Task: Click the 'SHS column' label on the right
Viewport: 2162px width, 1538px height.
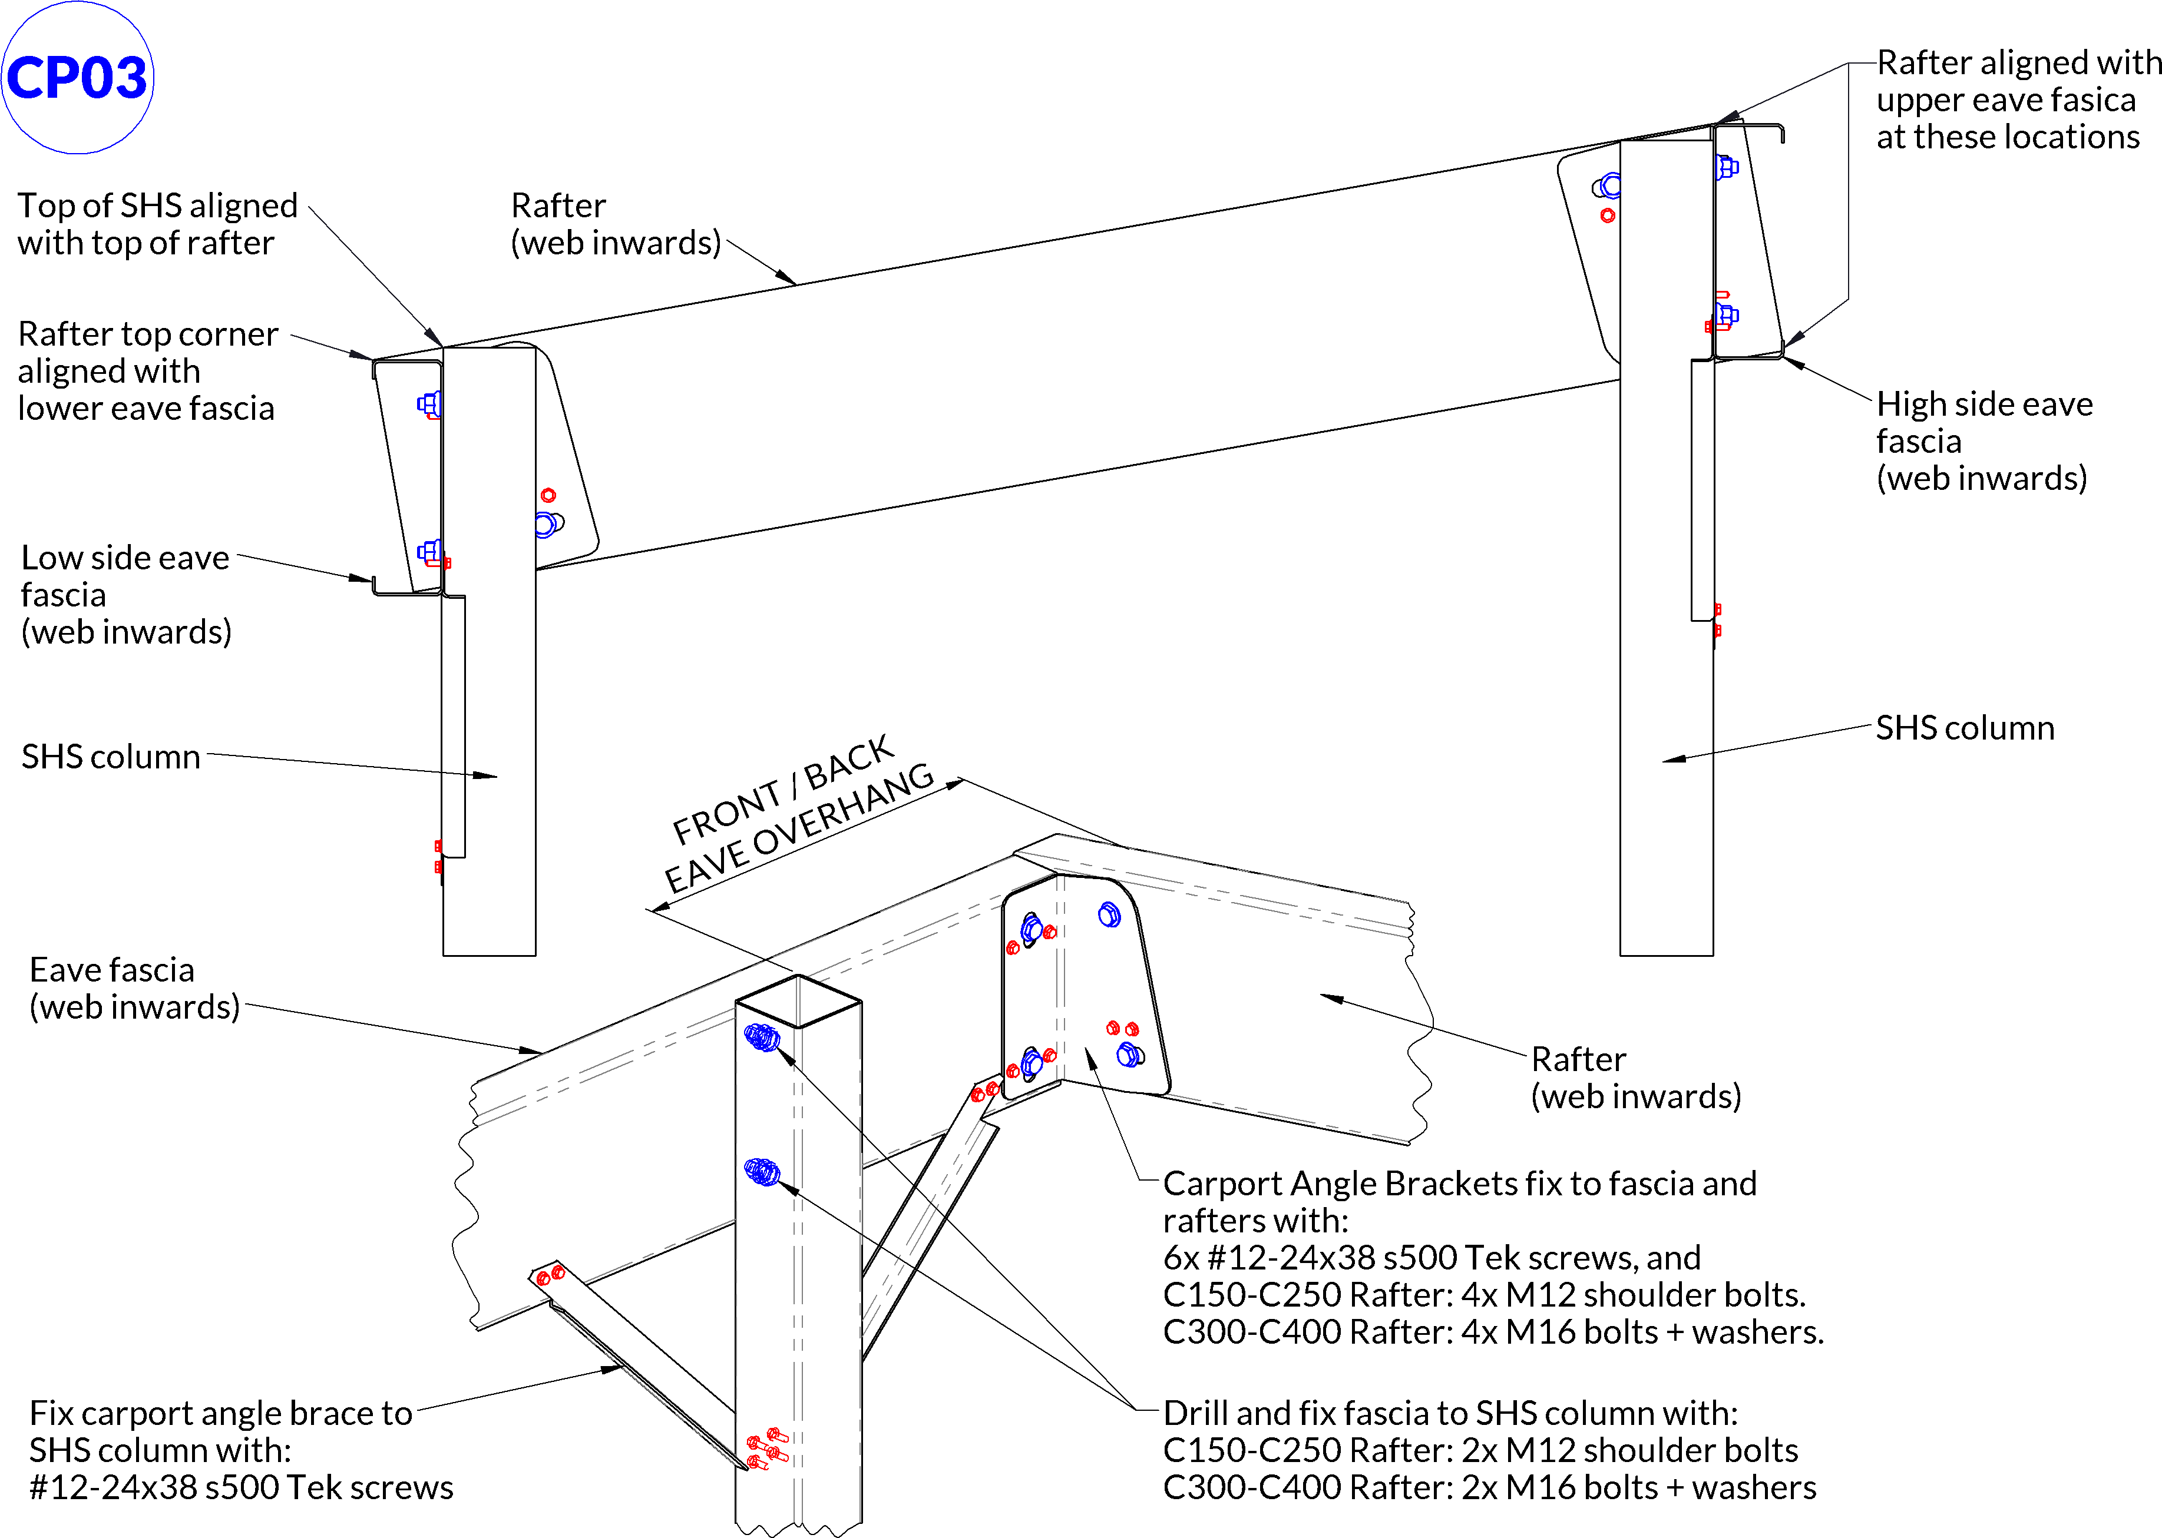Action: point(1964,727)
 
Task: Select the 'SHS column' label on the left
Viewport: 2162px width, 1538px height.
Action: point(111,757)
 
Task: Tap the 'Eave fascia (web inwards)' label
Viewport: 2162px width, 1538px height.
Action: point(134,988)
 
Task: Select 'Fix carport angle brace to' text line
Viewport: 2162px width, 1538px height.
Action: point(221,1413)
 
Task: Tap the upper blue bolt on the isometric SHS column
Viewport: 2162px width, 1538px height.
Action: point(762,1038)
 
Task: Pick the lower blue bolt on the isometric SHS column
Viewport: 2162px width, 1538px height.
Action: point(762,1172)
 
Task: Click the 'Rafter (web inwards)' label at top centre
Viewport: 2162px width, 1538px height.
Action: point(615,224)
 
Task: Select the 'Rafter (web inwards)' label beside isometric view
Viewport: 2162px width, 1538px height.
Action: point(1635,1077)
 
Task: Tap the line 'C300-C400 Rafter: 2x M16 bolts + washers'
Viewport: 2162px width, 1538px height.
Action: point(1489,1487)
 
